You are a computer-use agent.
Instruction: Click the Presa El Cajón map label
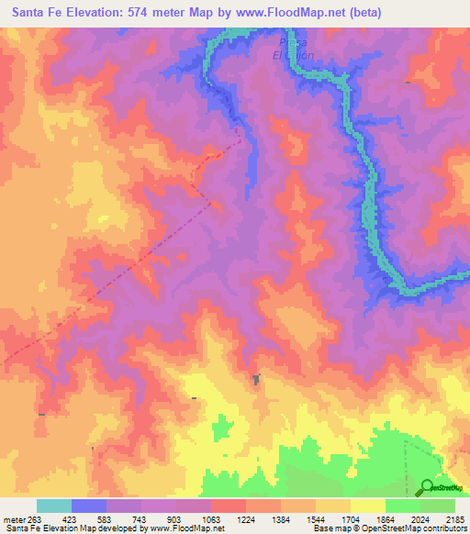293,49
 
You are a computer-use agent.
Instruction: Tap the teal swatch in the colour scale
53,506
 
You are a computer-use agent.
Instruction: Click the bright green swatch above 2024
402,506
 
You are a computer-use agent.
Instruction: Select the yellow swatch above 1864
367,506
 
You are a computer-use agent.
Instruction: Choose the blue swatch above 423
88,506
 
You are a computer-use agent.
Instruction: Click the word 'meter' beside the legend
16,518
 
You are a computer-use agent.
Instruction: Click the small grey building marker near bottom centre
256,378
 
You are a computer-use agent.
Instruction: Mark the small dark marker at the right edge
407,83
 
